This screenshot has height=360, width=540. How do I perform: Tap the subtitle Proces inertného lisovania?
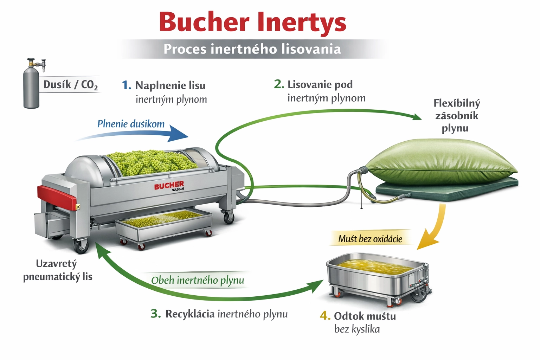[x=252, y=49]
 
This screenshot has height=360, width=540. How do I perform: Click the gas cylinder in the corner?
[x=31, y=88]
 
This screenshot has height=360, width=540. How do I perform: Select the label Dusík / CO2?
[x=70, y=85]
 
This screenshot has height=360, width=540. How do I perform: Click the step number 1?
[x=126, y=85]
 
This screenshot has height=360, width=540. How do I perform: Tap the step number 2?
[x=278, y=84]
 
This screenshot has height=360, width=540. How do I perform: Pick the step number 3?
[x=155, y=313]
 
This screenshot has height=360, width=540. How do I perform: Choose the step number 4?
[x=325, y=316]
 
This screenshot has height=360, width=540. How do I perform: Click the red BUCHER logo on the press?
[x=169, y=185]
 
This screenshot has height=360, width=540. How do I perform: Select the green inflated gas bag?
[x=443, y=162]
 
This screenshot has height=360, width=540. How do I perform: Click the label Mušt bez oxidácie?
[x=370, y=239]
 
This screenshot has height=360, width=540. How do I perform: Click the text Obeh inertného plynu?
[x=198, y=280]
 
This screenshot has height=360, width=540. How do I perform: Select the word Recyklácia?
[x=190, y=314]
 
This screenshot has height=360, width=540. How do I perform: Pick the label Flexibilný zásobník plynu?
[x=456, y=115]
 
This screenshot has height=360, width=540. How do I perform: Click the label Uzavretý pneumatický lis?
[x=58, y=270]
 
